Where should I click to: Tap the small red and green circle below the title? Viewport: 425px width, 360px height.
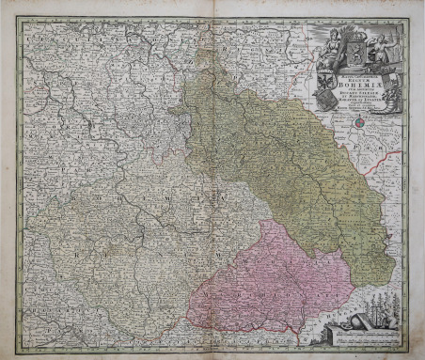pyautogui.click(x=358, y=120)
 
